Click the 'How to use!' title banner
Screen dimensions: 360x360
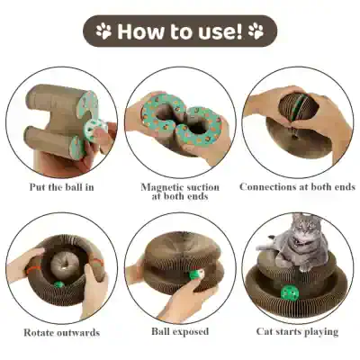(x=180, y=32)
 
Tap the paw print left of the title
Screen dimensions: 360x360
(x=103, y=32)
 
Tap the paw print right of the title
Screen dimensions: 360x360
(x=256, y=32)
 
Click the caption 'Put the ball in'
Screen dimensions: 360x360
(x=60, y=187)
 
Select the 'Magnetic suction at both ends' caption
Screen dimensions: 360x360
(x=180, y=193)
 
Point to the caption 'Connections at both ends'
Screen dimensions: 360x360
(x=298, y=187)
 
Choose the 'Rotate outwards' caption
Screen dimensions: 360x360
(x=61, y=332)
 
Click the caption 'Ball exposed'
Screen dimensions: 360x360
(x=180, y=332)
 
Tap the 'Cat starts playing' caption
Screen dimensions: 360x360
(x=298, y=332)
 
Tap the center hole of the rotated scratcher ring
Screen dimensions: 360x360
(x=63, y=264)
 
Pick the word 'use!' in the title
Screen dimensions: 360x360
(x=220, y=32)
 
